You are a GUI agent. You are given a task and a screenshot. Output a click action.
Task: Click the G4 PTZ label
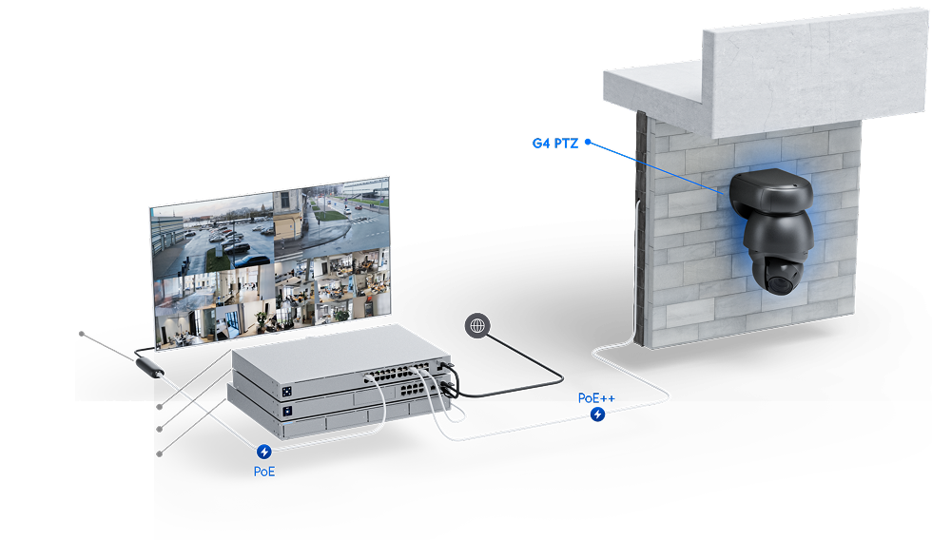[554, 144]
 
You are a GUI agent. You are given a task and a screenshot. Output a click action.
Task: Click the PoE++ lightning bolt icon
[597, 415]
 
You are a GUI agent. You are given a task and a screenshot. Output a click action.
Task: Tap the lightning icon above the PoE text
[264, 452]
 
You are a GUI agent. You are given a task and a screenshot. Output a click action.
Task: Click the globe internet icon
[477, 325]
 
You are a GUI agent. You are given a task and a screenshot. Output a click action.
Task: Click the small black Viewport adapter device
[148, 365]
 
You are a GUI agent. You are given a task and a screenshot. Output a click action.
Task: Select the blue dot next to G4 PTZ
[588, 143]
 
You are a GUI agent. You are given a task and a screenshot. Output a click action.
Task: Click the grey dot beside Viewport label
[83, 334]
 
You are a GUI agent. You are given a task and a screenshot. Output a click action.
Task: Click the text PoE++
[596, 397]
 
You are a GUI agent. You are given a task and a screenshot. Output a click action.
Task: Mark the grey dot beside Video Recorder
[160, 454]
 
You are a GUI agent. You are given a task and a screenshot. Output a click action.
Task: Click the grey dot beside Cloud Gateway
[160, 428]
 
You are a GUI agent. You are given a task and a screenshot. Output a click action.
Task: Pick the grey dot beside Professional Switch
[160, 407]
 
